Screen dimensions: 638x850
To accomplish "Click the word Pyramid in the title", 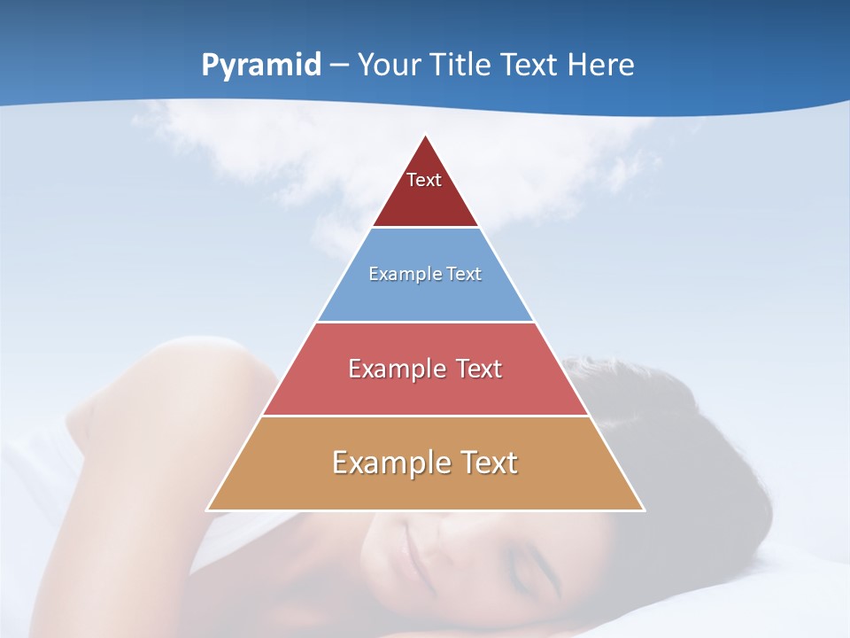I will tap(261, 66).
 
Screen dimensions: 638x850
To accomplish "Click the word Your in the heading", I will tap(390, 65).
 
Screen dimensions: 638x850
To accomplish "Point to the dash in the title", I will tap(338, 66).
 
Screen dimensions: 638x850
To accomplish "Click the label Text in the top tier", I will tap(424, 180).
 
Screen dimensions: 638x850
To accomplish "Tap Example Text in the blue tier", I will tap(425, 274).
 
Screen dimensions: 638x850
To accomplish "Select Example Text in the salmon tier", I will tap(425, 369).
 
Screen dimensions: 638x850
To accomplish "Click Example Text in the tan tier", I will tap(425, 463).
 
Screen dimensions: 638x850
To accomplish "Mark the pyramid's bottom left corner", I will tap(208, 510).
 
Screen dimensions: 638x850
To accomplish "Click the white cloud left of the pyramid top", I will tap(230, 142).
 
